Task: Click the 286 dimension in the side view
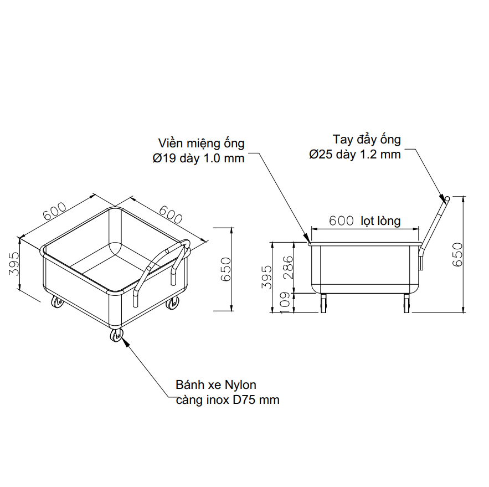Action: click(289, 268)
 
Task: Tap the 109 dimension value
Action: click(285, 303)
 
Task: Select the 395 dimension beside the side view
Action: click(267, 277)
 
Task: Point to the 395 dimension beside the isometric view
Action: click(14, 264)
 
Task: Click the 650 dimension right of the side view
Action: click(457, 254)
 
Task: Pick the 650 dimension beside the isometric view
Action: click(226, 269)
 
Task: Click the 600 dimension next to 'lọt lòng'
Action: click(341, 221)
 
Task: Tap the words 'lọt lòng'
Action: click(380, 221)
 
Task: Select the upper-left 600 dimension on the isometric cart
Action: click(55, 211)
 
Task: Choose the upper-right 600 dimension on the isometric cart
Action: click(171, 214)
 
